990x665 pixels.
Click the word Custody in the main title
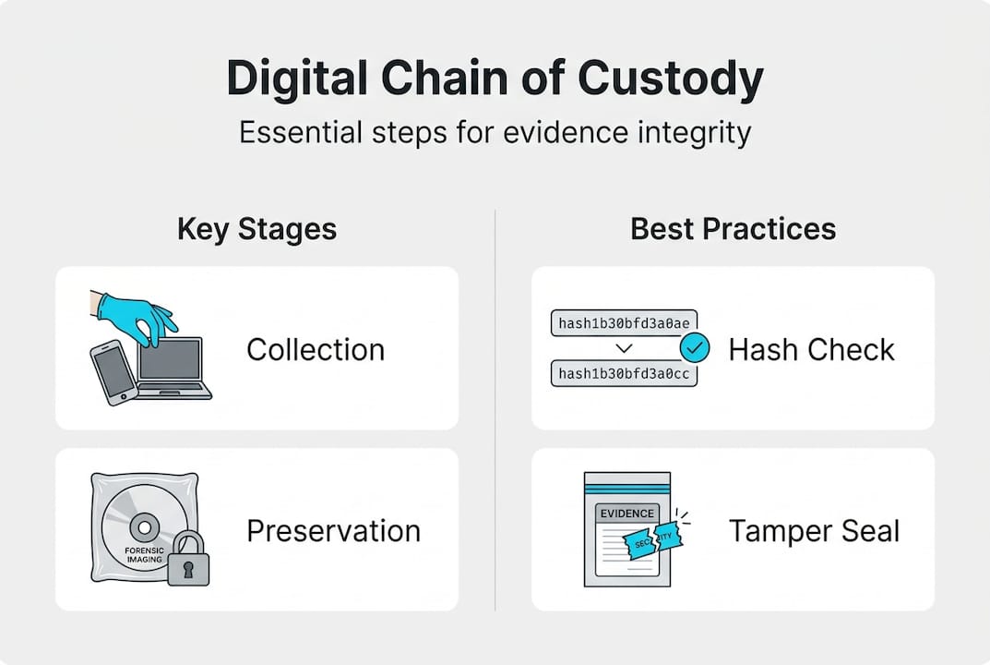tap(670, 80)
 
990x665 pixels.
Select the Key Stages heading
tap(256, 229)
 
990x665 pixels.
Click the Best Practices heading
tap(733, 229)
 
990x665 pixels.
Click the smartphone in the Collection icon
tap(113, 372)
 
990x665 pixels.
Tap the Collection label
tap(316, 349)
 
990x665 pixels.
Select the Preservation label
tap(333, 531)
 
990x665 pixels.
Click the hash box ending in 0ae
tap(623, 323)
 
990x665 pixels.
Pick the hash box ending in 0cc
tap(623, 374)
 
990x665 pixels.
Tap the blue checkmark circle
tap(693, 349)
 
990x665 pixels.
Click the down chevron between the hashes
tap(623, 349)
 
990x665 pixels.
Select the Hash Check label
tap(811, 349)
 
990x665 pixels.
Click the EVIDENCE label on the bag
tap(626, 514)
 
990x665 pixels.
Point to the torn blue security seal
tap(653, 540)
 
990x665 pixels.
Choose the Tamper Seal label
tap(814, 531)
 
